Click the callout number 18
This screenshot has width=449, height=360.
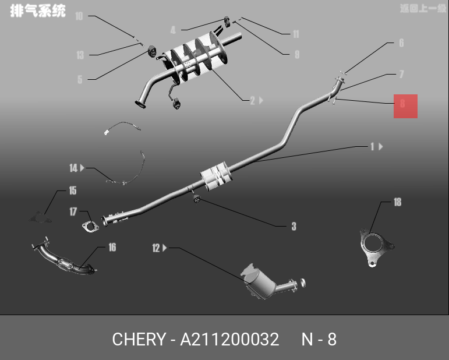tap(397, 203)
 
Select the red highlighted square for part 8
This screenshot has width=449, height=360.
tap(405, 106)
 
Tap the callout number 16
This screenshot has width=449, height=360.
tap(112, 248)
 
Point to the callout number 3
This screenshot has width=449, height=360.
tap(294, 226)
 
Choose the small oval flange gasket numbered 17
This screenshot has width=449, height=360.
tap(89, 225)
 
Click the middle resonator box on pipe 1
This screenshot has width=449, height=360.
tap(215, 176)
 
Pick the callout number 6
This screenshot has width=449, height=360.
tap(401, 43)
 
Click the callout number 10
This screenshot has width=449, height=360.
tap(79, 16)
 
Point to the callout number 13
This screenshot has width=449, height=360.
tap(80, 55)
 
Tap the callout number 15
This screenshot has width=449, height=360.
tap(73, 190)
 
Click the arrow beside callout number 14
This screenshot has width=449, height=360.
tap(83, 168)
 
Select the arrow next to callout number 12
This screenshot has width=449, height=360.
tap(165, 248)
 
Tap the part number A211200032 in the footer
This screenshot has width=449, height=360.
tap(229, 339)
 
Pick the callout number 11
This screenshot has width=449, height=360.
tap(296, 34)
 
